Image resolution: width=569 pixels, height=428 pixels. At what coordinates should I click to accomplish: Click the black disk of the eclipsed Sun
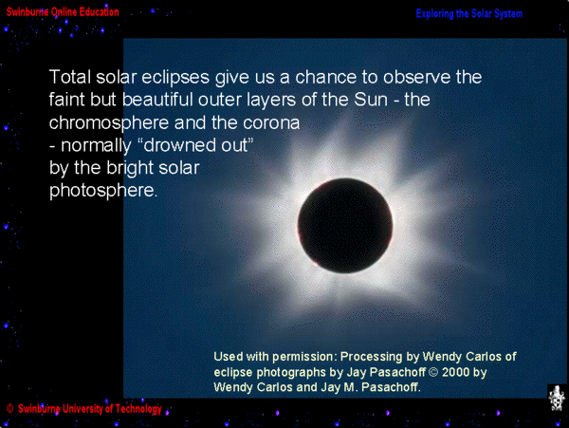[x=345, y=226]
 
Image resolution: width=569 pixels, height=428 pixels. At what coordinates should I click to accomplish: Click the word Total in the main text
[x=69, y=77]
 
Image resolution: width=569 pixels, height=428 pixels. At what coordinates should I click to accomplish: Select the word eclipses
[x=175, y=77]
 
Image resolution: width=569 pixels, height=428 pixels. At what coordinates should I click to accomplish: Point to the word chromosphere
[x=110, y=123]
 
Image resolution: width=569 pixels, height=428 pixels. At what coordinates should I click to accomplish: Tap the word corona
[x=271, y=123]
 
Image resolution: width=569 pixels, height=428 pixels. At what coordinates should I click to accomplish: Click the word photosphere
[x=103, y=191]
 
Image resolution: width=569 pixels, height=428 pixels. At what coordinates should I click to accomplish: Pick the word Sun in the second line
[x=371, y=100]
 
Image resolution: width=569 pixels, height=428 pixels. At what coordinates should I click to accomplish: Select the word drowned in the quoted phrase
[x=174, y=145]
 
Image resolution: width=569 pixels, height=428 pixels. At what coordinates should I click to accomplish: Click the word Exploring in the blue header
[x=434, y=14]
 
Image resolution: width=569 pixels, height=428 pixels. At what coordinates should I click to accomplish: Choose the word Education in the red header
[x=99, y=12]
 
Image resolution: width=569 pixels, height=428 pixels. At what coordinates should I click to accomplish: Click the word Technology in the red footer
[x=138, y=409]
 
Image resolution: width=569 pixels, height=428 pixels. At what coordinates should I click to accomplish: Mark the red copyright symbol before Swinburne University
[x=9, y=409]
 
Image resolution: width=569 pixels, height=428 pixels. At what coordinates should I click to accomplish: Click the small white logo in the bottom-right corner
[x=558, y=399]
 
